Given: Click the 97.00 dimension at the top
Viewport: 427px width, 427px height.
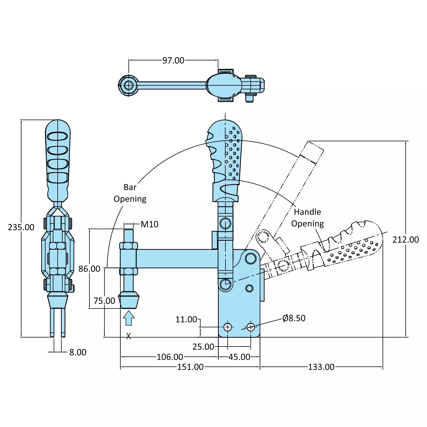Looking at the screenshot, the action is [173, 60].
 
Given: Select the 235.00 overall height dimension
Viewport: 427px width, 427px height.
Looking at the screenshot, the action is [21, 227].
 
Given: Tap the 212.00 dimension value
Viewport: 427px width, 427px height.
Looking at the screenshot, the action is [406, 240].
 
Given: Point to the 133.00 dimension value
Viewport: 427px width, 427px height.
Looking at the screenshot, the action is [321, 367].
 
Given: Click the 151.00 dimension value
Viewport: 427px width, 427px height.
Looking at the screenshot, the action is [190, 367].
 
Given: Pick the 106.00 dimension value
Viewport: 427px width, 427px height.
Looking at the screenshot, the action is [170, 357].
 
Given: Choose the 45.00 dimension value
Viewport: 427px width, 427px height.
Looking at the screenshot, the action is [239, 357].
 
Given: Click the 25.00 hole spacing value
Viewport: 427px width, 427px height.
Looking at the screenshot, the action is [203, 347].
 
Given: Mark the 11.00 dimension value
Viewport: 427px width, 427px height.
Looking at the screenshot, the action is [186, 319].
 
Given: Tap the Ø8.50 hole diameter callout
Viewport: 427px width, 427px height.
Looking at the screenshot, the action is [294, 318].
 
